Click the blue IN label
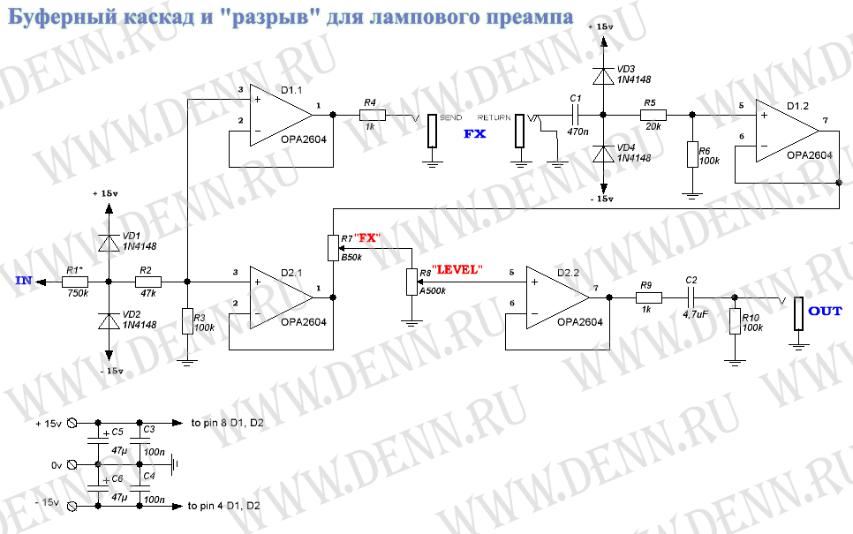pyautogui.click(x=24, y=281)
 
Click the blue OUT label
pyautogui.click(x=825, y=311)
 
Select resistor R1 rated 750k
pyautogui.click(x=75, y=282)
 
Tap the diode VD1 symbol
pyautogui.click(x=109, y=243)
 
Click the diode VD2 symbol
pyautogui.click(x=109, y=322)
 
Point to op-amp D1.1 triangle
pyautogui.click(x=282, y=116)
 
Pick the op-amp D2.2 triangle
pyautogui.click(x=557, y=297)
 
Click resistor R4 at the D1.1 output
pyautogui.click(x=373, y=115)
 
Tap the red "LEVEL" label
pyautogui.click(x=457, y=269)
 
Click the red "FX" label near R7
pyautogui.click(x=367, y=238)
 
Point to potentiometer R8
pyautogui.click(x=411, y=282)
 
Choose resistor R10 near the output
pyautogui.click(x=735, y=320)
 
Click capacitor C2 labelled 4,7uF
pyautogui.click(x=691, y=297)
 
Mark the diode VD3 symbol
pyautogui.click(x=603, y=76)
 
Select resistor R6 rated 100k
pyautogui.click(x=692, y=154)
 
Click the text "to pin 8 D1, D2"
pyautogui.click(x=228, y=423)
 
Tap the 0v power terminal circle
pyautogui.click(x=72, y=465)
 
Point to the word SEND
pyautogui.click(x=450, y=117)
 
